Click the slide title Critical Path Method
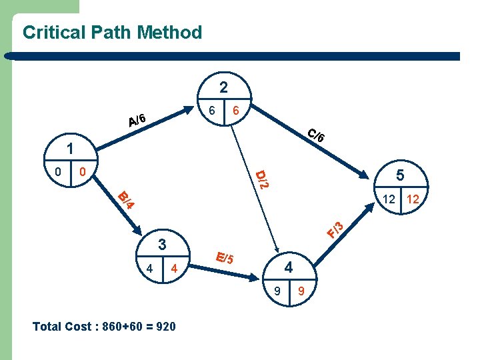pos(112,32)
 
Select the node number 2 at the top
pos(224,87)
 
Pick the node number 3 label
pos(161,244)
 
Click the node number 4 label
pos(289,267)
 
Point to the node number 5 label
pos(401,175)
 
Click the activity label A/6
pos(138,119)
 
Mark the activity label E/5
pos(224,257)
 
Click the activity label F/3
pos(335,229)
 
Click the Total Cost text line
pos(104,327)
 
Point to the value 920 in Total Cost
pos(165,327)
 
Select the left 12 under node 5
pos(389,199)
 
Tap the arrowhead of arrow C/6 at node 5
pos(365,177)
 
